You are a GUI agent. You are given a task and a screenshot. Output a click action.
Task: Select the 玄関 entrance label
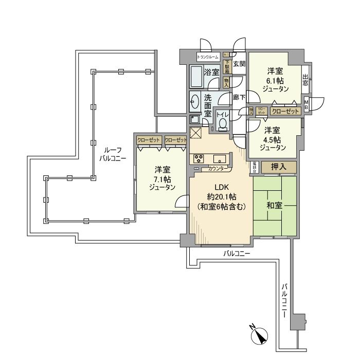(x=239, y=64)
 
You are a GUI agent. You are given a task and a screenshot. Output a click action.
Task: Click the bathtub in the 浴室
(x=196, y=78)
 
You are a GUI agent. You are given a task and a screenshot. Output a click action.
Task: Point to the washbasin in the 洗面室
(x=195, y=102)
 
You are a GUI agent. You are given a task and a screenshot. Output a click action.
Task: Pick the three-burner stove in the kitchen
(x=199, y=159)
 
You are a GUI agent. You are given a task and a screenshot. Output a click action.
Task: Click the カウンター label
(x=219, y=168)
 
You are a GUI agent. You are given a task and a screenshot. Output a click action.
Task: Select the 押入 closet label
(x=279, y=167)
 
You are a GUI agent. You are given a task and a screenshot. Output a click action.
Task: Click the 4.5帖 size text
(x=273, y=139)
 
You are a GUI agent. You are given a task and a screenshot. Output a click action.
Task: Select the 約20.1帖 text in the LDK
(x=221, y=196)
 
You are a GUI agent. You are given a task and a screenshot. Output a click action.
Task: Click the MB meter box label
(x=307, y=103)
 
